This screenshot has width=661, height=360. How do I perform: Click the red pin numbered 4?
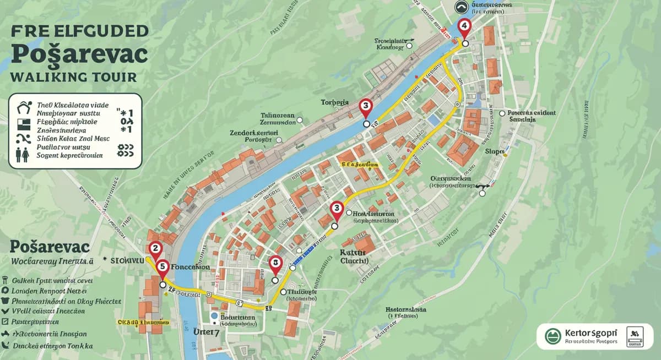click(x=464, y=26)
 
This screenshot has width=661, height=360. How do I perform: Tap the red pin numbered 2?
click(x=155, y=249)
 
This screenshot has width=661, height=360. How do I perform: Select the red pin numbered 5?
click(x=162, y=267)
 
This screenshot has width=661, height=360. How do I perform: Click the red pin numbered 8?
click(x=275, y=264)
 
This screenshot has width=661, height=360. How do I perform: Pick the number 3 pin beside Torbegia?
click(x=365, y=107)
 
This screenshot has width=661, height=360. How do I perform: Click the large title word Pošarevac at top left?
click(x=79, y=54)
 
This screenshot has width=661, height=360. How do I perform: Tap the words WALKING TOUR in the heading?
click(x=73, y=77)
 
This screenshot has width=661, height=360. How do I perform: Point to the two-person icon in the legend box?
click(x=23, y=155)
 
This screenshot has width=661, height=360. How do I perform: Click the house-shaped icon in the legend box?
click(x=23, y=105)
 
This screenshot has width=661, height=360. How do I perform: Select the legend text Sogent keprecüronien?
click(x=69, y=156)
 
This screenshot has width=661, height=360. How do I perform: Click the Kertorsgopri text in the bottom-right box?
click(x=591, y=333)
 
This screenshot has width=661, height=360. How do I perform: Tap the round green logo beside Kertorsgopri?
click(x=552, y=336)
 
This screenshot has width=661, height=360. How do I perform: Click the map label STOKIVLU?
click(x=127, y=259)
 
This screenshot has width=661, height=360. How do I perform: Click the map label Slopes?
click(x=495, y=151)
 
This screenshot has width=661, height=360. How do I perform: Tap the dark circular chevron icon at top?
click(x=462, y=7)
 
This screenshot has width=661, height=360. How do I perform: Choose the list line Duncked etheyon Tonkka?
click(x=53, y=346)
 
